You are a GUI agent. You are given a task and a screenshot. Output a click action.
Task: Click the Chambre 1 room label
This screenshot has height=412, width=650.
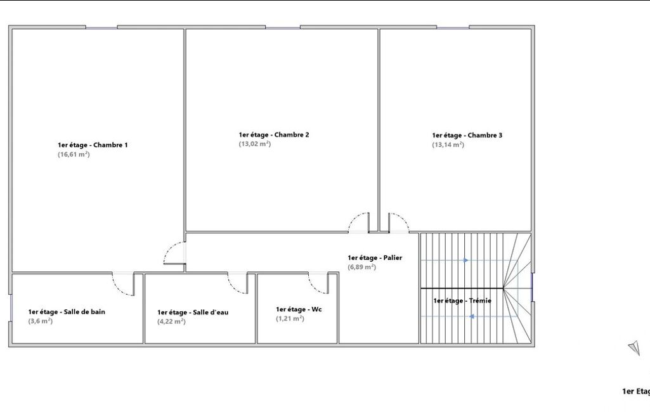click(x=93, y=145)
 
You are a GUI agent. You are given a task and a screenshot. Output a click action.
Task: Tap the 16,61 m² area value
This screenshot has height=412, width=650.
click(x=74, y=155)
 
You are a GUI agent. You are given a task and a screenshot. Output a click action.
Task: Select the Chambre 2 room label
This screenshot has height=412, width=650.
click(x=273, y=135)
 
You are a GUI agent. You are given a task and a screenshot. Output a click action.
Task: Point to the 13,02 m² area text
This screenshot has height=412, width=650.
click(x=254, y=144)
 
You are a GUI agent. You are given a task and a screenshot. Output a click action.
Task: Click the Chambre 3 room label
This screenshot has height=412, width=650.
click(x=467, y=136)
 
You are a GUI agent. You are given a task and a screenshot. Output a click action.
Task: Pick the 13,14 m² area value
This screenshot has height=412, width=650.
click(x=448, y=145)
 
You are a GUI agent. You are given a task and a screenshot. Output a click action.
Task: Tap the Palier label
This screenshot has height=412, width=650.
click(x=375, y=258)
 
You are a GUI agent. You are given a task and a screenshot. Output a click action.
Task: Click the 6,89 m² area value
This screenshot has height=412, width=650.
click(x=361, y=267)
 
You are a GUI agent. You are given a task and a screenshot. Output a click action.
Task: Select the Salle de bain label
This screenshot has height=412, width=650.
click(x=67, y=312)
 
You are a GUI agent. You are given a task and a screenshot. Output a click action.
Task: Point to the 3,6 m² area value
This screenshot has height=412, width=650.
click(x=40, y=321)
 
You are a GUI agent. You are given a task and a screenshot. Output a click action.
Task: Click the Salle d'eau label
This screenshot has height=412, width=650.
click(x=193, y=312)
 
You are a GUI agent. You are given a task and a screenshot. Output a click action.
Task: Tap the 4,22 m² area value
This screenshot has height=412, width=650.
click(x=171, y=321)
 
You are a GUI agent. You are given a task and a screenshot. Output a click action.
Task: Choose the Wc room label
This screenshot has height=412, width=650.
click(x=299, y=309)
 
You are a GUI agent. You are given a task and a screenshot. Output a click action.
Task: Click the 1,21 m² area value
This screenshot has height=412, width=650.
click(x=290, y=318)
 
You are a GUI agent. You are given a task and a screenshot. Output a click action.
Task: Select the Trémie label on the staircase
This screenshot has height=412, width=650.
click(x=462, y=301)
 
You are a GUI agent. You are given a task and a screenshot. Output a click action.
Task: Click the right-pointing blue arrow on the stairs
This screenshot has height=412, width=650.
click(x=466, y=261)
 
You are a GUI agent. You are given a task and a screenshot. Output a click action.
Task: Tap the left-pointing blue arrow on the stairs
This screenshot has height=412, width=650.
click(x=471, y=317)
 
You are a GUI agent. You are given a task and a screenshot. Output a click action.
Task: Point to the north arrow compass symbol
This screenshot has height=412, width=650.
click(x=634, y=348)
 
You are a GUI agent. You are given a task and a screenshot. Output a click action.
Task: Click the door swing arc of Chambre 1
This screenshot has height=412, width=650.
click(x=170, y=247)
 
